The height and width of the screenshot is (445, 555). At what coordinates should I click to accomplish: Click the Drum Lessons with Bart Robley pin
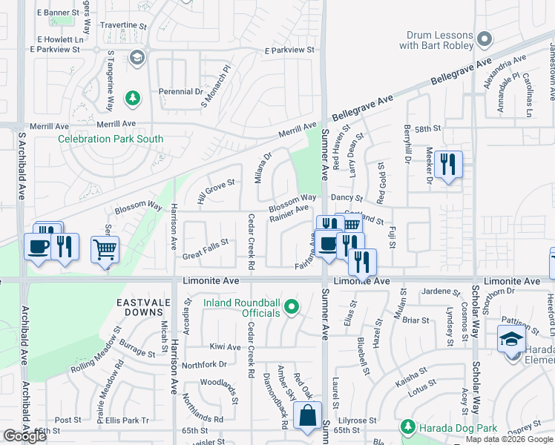tap(485, 39)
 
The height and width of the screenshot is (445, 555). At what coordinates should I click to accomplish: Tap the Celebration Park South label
tap(111, 139)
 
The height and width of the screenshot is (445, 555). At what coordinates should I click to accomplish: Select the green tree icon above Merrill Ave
tap(132, 98)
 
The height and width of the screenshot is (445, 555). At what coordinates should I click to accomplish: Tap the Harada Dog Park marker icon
tap(407, 427)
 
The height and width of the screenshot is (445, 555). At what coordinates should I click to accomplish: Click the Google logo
tap(25, 436)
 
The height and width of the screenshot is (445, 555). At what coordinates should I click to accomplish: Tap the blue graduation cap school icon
tap(510, 339)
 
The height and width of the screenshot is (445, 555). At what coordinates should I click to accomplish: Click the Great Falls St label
tap(205, 248)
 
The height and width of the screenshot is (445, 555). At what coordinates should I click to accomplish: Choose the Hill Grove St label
tap(215, 191)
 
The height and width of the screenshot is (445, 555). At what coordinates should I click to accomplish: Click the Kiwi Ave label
tap(225, 347)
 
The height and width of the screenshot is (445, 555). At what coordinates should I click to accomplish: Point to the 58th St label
tap(427, 129)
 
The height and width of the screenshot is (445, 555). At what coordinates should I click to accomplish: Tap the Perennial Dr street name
tap(180, 92)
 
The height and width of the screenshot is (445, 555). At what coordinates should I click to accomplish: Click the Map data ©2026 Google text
tap(508, 439)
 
